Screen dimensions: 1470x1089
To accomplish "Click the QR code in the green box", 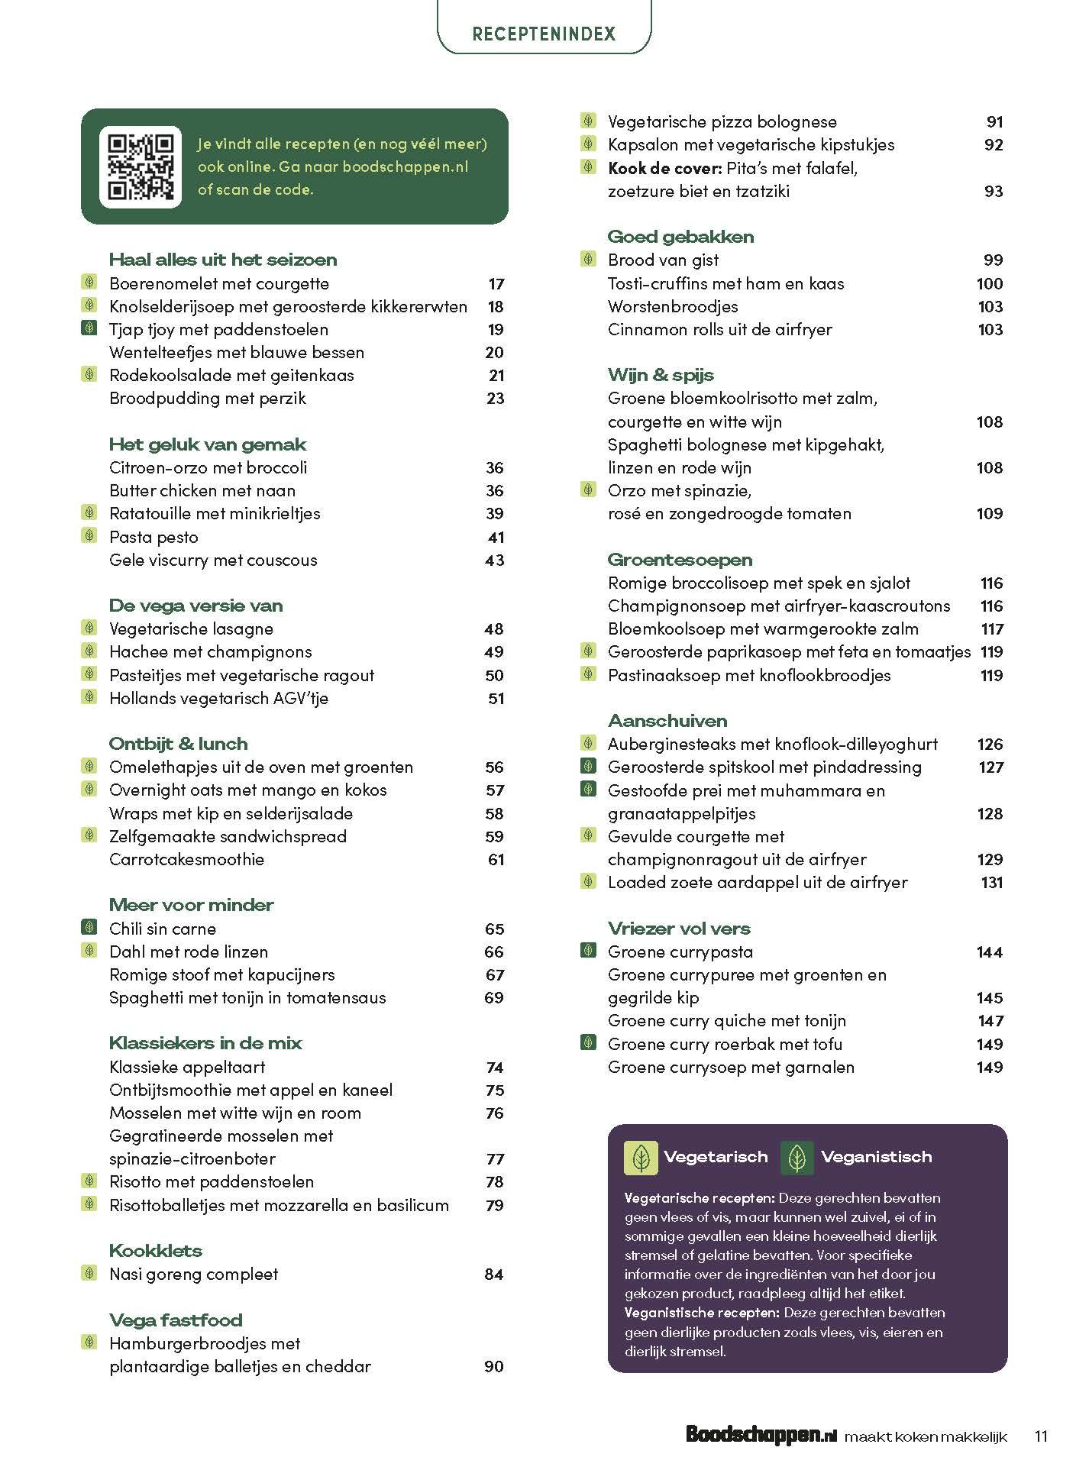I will tap(141, 166).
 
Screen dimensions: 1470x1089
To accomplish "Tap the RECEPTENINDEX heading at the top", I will tap(544, 34).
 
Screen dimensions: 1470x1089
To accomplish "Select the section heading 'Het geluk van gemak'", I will tap(208, 444).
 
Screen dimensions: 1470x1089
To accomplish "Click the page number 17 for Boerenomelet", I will tap(496, 284).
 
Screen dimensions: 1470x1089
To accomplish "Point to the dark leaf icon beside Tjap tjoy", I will tap(89, 329).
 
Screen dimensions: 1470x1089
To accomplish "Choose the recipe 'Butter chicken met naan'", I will tap(202, 490).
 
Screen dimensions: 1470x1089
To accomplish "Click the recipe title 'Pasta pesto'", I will tap(153, 537).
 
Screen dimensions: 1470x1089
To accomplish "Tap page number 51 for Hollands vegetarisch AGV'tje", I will tap(496, 698).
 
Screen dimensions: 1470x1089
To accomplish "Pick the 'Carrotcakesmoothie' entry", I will tap(186, 859).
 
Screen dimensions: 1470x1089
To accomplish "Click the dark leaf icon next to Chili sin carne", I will tap(89, 928).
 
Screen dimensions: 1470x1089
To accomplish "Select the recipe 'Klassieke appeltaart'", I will tap(187, 1067).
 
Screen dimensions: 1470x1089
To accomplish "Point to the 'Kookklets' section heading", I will tap(156, 1250).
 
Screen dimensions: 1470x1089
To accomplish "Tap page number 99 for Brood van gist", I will tap(993, 260).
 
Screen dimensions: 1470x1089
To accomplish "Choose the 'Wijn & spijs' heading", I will tap(661, 375).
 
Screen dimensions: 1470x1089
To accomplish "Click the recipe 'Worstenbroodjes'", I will tap(673, 306).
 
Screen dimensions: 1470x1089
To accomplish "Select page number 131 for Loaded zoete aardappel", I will tap(991, 883).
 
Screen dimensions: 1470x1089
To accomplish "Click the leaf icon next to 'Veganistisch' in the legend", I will tap(797, 1158).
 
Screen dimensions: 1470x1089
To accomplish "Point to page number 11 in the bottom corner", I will tap(1040, 1436).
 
